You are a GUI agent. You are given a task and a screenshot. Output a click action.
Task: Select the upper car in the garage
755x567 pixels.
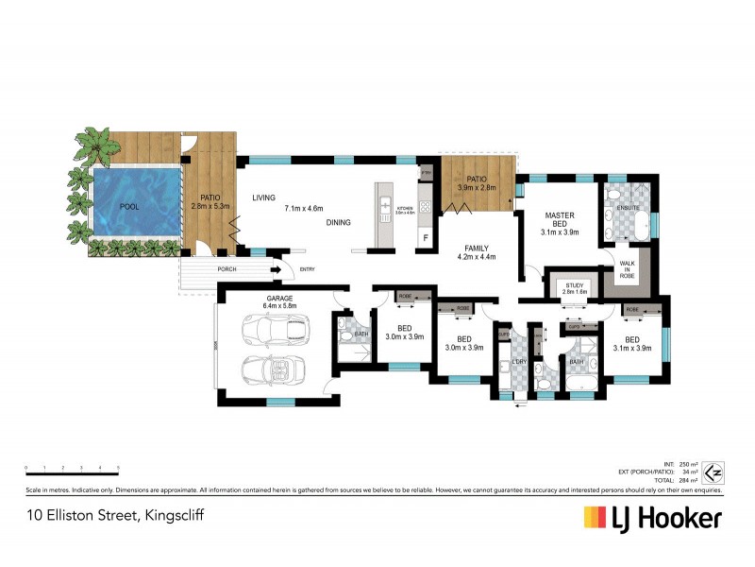[x=275, y=330]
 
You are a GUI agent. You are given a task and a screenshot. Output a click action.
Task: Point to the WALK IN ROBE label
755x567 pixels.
[x=627, y=268]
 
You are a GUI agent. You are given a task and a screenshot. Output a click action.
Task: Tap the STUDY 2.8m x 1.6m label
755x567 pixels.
[x=576, y=288]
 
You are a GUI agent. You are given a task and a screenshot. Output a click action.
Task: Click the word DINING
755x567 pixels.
[x=337, y=223]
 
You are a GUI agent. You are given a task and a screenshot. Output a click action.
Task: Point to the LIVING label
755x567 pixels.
[x=263, y=198]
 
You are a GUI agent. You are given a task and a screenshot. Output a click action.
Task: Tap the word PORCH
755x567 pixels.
[x=227, y=269]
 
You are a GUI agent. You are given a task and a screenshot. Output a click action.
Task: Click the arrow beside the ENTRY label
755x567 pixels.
[x=276, y=269]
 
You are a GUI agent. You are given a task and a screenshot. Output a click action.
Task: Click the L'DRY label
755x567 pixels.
[x=517, y=362]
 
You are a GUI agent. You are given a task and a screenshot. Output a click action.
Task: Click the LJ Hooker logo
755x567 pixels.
[x=652, y=518]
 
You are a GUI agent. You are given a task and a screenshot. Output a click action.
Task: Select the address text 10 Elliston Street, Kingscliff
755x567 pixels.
[x=115, y=516]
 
